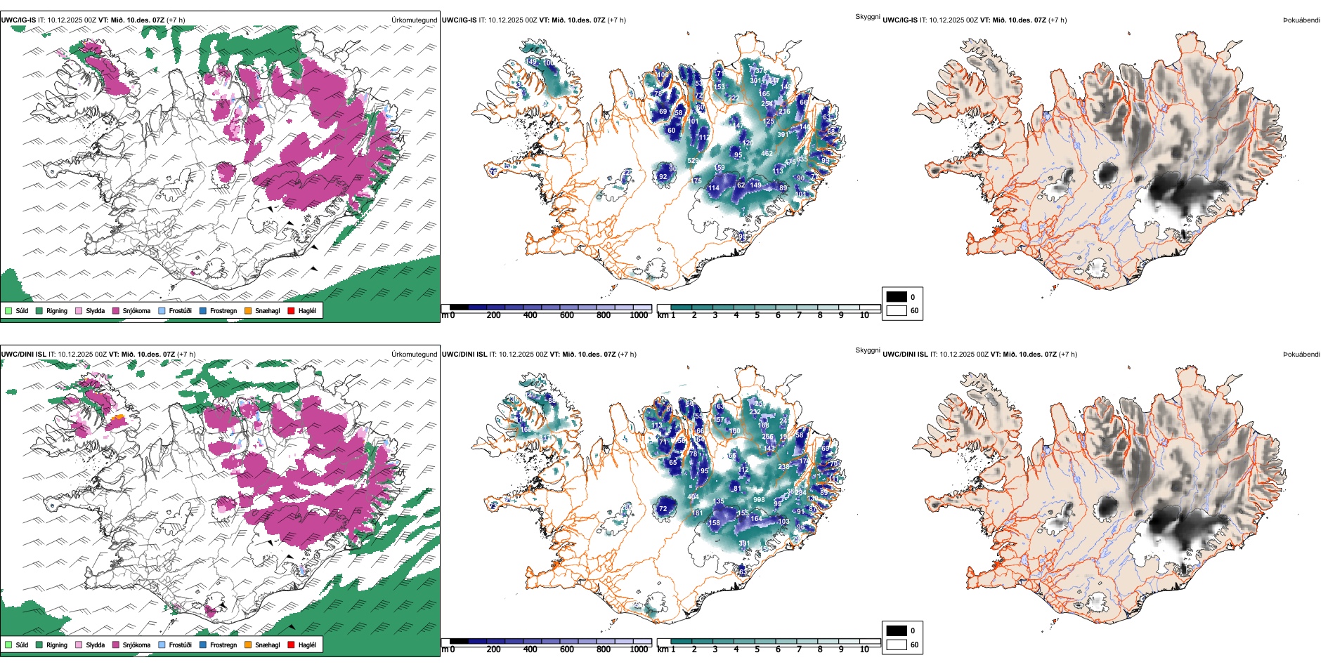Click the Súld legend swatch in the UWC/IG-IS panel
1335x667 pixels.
[x=8, y=310]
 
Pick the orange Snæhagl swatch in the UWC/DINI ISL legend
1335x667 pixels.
[x=248, y=645]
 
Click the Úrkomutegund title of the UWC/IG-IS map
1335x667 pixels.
[x=414, y=20]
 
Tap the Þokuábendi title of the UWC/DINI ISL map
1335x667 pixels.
[x=1301, y=355]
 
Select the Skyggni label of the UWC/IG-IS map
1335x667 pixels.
[x=867, y=17]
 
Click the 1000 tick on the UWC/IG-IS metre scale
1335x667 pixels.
[x=639, y=315]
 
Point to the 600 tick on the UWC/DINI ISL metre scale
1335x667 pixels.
[x=567, y=649]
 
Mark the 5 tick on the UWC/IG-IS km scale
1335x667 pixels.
[x=757, y=315]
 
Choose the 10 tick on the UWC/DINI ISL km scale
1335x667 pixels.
[x=864, y=649]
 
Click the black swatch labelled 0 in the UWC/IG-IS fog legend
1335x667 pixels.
[x=897, y=297]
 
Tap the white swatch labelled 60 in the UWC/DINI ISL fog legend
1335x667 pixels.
[x=897, y=645]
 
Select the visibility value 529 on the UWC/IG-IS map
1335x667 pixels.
[x=693, y=161]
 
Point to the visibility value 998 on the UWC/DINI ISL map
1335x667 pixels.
[x=759, y=500]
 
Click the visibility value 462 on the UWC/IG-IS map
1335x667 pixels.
[x=767, y=153]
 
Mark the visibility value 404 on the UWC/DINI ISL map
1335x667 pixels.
[x=693, y=497]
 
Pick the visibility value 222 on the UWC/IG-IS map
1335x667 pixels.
[x=733, y=98]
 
